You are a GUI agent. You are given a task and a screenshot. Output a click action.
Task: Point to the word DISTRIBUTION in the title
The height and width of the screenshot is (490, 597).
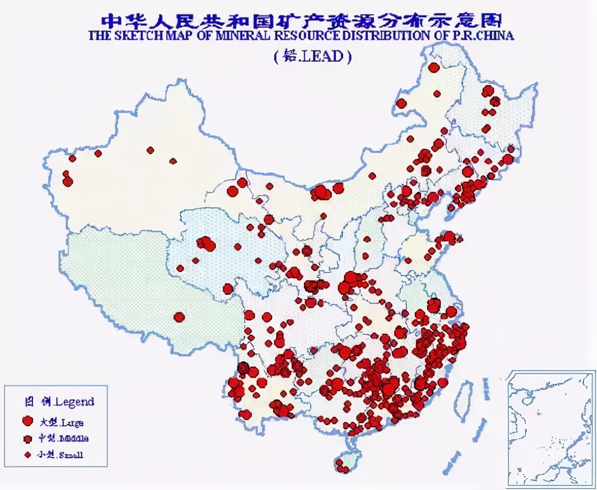click(389, 36)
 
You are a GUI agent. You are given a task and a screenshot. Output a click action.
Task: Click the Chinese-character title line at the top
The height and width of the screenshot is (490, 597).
click(301, 20)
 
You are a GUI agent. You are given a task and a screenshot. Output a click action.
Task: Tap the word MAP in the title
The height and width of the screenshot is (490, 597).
click(180, 36)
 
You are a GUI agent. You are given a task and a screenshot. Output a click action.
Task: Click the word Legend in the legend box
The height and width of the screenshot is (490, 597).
click(74, 402)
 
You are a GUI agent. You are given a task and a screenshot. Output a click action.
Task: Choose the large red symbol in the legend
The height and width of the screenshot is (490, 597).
click(28, 421)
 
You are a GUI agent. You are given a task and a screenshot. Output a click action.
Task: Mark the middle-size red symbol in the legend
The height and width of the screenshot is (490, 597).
click(28, 439)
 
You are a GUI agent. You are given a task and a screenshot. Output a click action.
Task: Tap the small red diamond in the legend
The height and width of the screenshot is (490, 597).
click(28, 454)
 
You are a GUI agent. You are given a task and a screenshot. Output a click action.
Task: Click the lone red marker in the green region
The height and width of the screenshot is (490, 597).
click(179, 317)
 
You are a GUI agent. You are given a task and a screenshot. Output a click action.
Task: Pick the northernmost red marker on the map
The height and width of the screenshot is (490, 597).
click(434, 67)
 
